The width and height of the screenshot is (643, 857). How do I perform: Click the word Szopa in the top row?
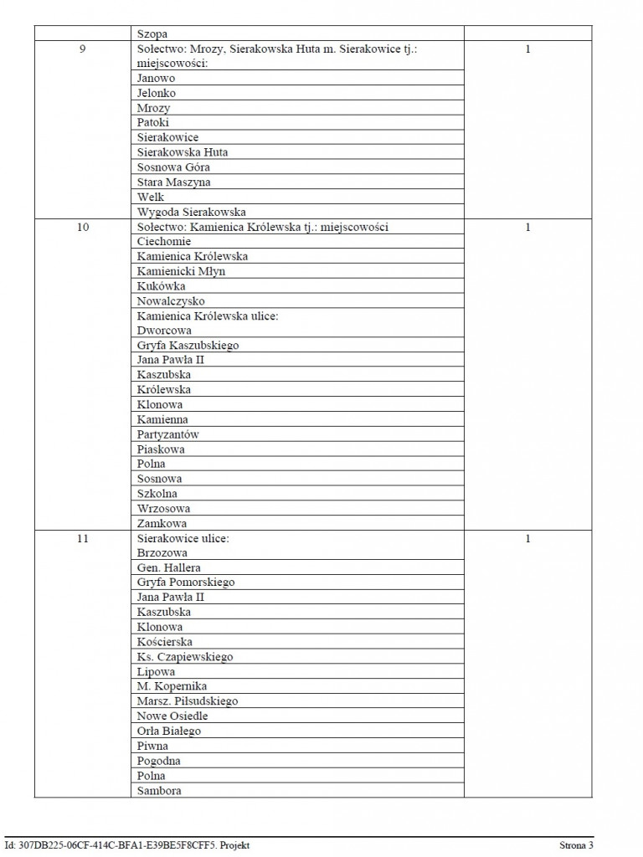click(x=152, y=34)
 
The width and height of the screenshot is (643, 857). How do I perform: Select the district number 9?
click(x=82, y=49)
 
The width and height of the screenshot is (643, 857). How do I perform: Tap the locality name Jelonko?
click(x=157, y=93)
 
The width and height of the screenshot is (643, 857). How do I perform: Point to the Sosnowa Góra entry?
click(x=173, y=167)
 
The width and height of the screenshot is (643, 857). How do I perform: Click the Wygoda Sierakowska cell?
click(x=192, y=212)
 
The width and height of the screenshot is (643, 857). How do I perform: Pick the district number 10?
click(x=82, y=227)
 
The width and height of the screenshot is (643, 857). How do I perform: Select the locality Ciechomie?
click(x=164, y=242)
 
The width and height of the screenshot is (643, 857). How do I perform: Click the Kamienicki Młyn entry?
click(x=181, y=271)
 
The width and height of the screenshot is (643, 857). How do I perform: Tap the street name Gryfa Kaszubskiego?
click(x=188, y=345)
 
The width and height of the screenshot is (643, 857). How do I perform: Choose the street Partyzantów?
click(x=168, y=434)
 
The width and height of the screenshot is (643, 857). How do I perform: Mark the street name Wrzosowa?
click(x=163, y=508)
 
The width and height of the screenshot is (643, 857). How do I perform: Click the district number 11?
click(x=82, y=538)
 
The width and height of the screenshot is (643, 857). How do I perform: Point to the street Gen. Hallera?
click(x=169, y=568)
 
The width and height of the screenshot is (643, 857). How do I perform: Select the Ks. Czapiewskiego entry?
click(x=185, y=657)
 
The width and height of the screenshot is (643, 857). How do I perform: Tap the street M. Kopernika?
click(x=172, y=686)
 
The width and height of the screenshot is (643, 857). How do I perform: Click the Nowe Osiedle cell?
click(x=172, y=716)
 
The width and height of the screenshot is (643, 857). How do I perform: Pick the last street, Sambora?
click(x=159, y=791)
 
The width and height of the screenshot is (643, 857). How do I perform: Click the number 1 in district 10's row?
click(x=527, y=227)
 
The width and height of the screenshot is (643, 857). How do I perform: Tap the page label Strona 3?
click(x=576, y=845)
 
